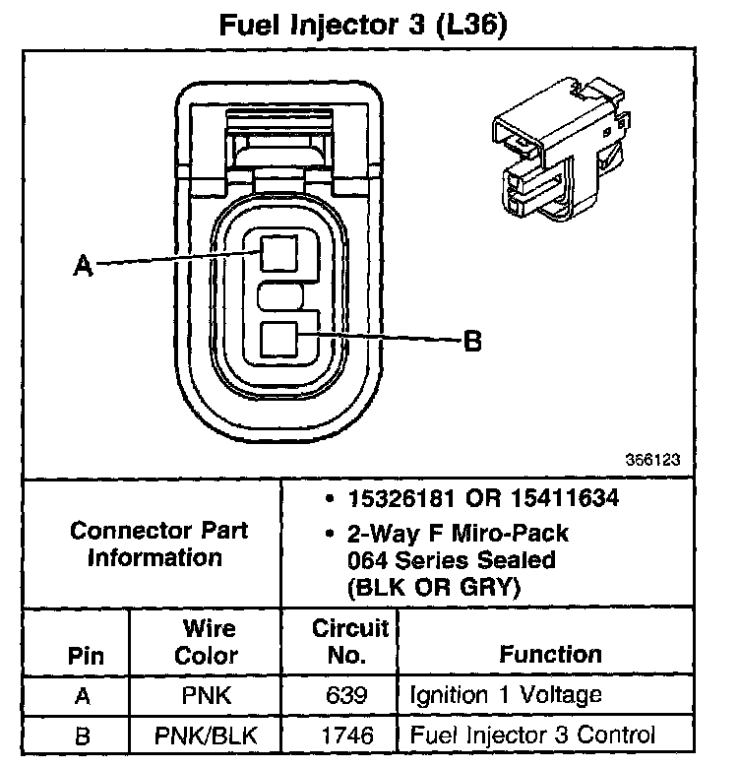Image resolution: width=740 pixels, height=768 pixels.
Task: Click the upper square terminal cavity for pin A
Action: click(x=279, y=254)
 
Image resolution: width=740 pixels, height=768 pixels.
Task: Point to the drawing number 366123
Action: click(x=652, y=459)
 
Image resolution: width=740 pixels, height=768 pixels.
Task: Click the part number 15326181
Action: click(x=412, y=499)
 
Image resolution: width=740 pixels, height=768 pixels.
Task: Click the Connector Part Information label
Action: click(x=158, y=544)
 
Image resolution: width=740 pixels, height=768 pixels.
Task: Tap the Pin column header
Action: click(x=85, y=656)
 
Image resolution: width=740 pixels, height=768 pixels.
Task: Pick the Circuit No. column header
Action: click(x=349, y=642)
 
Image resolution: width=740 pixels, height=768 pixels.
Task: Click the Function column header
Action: click(x=550, y=655)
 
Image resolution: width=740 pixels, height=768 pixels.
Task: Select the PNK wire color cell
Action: click(x=207, y=696)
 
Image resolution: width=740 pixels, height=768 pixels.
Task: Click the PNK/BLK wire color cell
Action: click(x=207, y=735)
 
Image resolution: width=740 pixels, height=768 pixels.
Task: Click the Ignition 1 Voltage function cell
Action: click(x=505, y=696)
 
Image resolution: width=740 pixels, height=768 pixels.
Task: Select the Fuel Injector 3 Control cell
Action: click(x=531, y=735)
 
